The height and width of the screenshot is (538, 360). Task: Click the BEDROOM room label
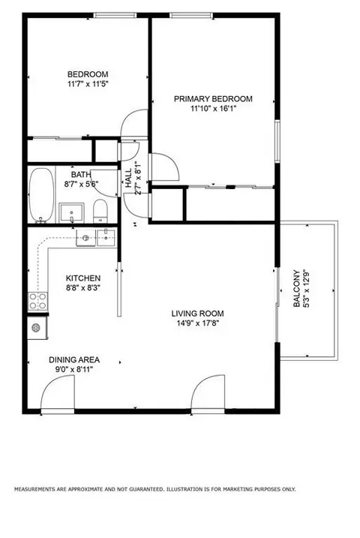(x=88, y=74)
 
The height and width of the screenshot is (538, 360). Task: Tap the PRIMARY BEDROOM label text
(x=213, y=99)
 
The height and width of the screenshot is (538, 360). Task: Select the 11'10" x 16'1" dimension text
(x=214, y=109)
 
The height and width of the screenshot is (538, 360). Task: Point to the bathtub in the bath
(x=41, y=194)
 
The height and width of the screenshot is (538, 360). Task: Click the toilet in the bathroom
(x=100, y=210)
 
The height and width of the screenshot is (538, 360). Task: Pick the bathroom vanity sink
(x=71, y=213)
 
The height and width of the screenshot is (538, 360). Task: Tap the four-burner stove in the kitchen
(x=37, y=301)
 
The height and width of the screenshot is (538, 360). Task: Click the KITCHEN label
(x=83, y=278)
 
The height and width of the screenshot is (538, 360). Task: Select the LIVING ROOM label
(x=197, y=313)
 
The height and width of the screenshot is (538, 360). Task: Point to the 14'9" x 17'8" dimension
(x=198, y=323)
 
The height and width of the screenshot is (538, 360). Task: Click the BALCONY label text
(x=296, y=289)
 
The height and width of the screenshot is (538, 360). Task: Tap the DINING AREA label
(x=74, y=360)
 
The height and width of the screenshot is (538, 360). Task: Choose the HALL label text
(x=128, y=178)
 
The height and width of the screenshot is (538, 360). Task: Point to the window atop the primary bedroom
(x=191, y=15)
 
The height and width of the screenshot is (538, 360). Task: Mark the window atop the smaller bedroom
(x=115, y=15)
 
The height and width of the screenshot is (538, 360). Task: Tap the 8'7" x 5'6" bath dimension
(x=82, y=185)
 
